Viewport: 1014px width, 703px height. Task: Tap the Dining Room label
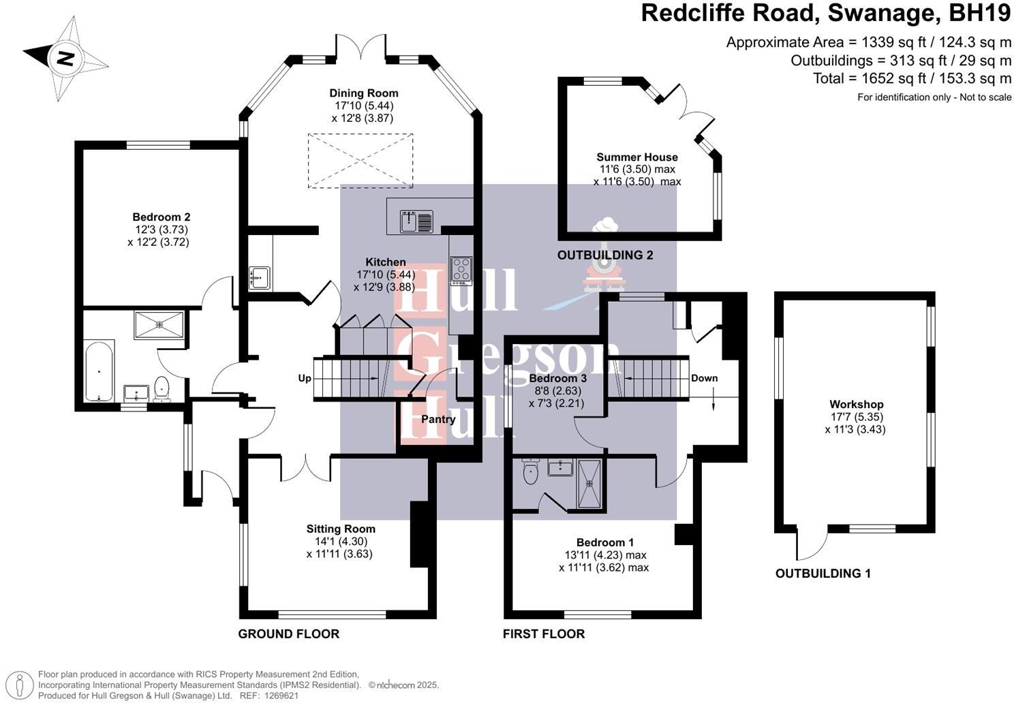coord(363,93)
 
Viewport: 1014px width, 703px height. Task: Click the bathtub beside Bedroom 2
coord(99,371)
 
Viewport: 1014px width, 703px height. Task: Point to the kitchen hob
coord(461,269)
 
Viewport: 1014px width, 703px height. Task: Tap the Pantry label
coord(438,419)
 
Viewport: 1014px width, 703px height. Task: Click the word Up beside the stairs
coord(305,378)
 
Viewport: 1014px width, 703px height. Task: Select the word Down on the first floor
coord(704,378)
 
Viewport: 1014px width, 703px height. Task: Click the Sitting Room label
coord(341,529)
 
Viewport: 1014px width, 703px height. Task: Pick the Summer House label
coord(637,157)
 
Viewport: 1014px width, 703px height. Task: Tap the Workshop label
coord(857,404)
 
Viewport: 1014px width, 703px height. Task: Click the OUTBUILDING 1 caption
coord(823,574)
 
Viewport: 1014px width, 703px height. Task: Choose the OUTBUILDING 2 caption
coord(605,255)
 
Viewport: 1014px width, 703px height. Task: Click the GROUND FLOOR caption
coord(288,634)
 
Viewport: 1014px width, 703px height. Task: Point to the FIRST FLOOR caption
coord(544,634)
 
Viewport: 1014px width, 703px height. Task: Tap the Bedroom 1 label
coord(605,542)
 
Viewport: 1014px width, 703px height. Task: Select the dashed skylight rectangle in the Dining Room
coord(360,160)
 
